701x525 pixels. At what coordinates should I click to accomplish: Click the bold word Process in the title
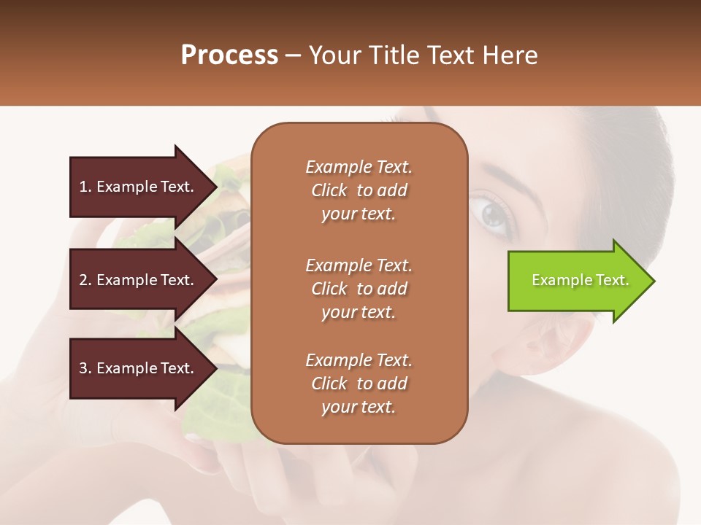coord(229,55)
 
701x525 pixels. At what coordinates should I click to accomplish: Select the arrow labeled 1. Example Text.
coord(139,187)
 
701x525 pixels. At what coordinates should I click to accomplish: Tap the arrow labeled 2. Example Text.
coord(139,280)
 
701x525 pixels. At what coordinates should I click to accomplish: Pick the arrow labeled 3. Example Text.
coord(139,368)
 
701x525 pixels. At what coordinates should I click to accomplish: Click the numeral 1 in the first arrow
coord(83,187)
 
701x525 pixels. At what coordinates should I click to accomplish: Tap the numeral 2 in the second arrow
coord(83,280)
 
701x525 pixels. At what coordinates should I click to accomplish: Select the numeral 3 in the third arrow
coord(83,368)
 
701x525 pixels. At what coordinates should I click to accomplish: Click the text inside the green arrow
coord(580,280)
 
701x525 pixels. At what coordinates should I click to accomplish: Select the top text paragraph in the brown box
coord(359,190)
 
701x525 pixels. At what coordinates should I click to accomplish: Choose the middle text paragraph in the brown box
coord(359,289)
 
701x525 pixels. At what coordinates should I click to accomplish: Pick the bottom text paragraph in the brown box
coord(359,384)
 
